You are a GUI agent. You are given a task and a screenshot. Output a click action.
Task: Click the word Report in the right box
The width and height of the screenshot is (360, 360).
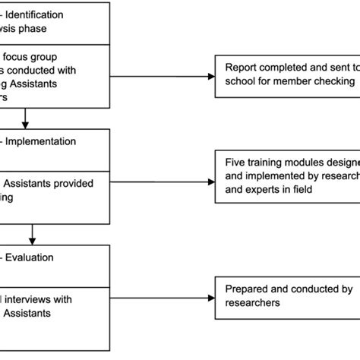pyautogui.click(x=242, y=67)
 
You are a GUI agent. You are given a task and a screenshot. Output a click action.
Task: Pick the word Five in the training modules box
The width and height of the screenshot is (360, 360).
pyautogui.click(x=236, y=161)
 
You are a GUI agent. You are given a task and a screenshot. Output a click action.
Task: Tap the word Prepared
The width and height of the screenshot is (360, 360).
pyautogui.click(x=247, y=289)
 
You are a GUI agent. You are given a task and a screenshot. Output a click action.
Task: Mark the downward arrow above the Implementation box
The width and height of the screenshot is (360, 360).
pyautogui.click(x=27, y=122)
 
